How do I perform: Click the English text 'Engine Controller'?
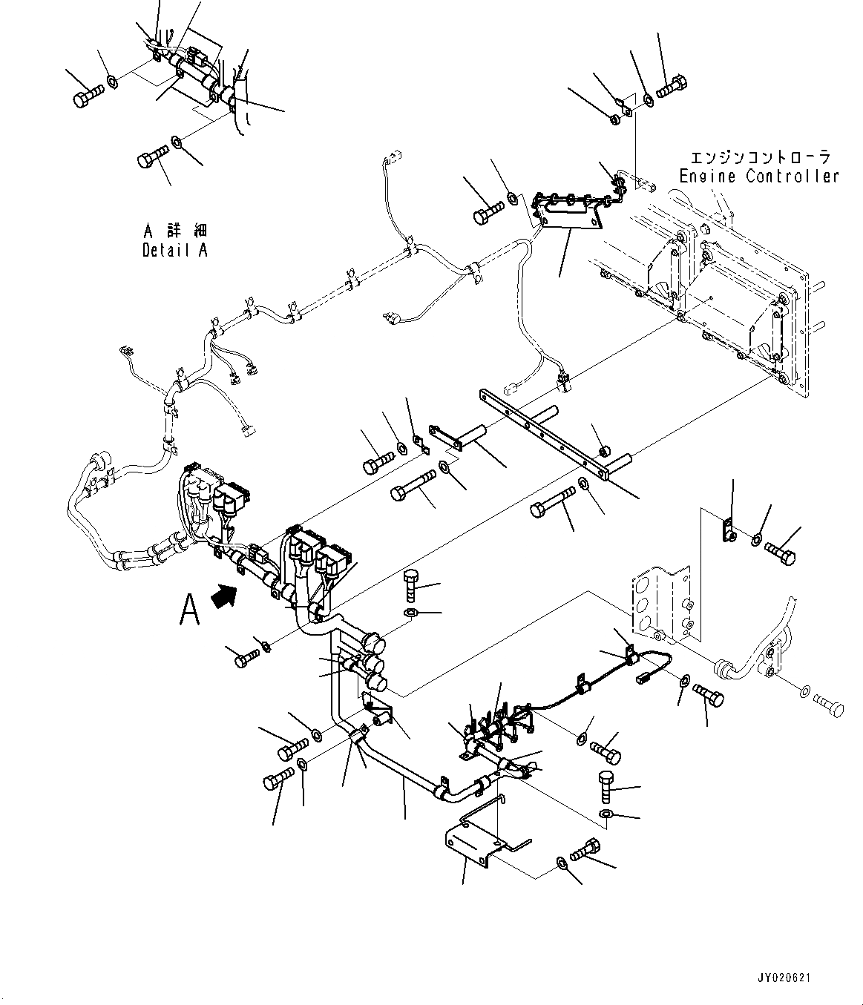click(x=759, y=177)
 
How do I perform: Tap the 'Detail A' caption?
click(x=175, y=251)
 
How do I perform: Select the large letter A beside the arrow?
click(x=190, y=610)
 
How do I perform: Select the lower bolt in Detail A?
click(x=151, y=157)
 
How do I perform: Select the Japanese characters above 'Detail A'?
click(x=175, y=231)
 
